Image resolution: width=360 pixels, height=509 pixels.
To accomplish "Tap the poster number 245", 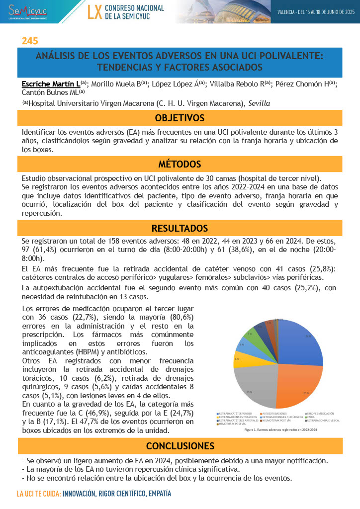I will click(x=30, y=41).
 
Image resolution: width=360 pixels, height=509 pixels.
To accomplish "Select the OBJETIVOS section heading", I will click(x=180, y=118).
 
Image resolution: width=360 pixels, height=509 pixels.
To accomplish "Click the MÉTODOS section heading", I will click(x=180, y=164).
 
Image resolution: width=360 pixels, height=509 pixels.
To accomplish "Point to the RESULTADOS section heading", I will click(x=180, y=228).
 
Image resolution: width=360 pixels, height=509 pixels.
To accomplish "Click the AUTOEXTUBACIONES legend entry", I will click(x=274, y=414).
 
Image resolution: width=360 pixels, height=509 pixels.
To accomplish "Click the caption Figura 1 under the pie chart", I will click(x=281, y=430).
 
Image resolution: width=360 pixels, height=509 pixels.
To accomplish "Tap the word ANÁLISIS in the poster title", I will click(x=55, y=56).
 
